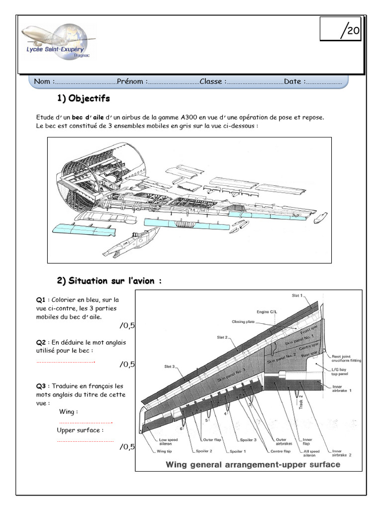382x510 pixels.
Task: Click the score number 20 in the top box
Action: (353, 31)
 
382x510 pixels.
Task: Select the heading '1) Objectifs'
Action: (83, 98)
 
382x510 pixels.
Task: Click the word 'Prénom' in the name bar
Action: (131, 81)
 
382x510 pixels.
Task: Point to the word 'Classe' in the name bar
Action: (212, 81)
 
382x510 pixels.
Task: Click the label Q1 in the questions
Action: (40, 300)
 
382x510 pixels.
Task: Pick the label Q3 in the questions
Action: (40, 386)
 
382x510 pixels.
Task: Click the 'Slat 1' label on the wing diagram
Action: (297, 296)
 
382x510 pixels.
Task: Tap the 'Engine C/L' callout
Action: (266, 312)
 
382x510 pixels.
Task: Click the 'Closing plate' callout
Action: (243, 322)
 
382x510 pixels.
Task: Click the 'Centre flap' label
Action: (280, 451)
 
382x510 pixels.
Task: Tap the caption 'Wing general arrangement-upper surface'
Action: (253, 465)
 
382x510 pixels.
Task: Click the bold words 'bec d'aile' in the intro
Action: (88, 117)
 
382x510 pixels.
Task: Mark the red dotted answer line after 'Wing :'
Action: (86, 422)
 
